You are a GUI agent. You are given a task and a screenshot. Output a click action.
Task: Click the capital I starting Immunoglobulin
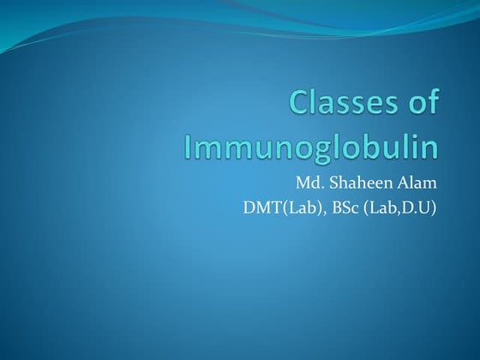[x=189, y=145]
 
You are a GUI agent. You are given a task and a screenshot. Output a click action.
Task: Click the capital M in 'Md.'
[x=303, y=183]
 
